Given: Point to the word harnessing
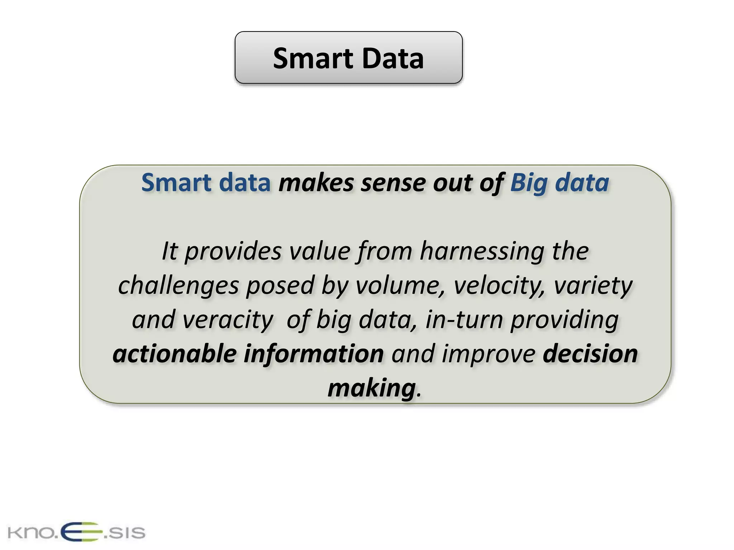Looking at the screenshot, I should point(482,251).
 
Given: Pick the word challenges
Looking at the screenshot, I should point(178,286).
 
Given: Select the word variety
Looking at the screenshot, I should point(593,286).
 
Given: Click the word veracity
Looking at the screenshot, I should point(228,320).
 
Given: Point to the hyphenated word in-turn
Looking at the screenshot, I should point(464,320).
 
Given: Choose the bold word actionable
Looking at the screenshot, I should point(174,354).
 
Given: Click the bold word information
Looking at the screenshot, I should point(314,354).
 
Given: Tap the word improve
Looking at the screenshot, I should point(489,354).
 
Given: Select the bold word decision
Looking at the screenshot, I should point(590,354).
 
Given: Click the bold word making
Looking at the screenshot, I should point(372,388).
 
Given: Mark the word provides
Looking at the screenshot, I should point(233,251).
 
